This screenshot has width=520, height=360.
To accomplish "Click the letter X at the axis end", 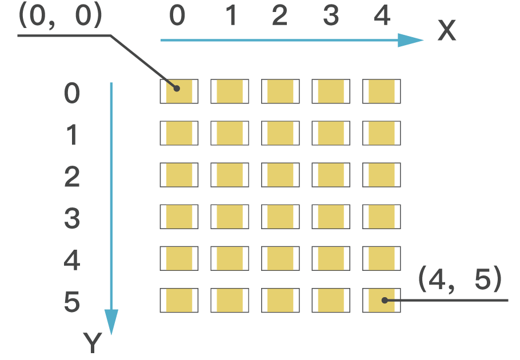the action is click(x=446, y=31).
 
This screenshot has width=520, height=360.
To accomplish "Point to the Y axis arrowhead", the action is click(x=111, y=322).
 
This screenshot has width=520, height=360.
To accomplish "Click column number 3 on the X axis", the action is click(x=331, y=17).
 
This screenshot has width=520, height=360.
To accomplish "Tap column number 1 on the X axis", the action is click(x=230, y=17).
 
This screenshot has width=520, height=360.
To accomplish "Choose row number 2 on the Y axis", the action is click(x=72, y=178).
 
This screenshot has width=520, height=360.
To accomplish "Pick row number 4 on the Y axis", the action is click(x=72, y=261).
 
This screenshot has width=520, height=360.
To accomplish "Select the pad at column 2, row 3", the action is click(x=280, y=217).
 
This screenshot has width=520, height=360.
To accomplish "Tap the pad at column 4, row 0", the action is click(x=381, y=91).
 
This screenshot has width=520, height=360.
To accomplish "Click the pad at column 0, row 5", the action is click(x=179, y=300).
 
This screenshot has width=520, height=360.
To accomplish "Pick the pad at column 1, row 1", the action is click(x=229, y=133).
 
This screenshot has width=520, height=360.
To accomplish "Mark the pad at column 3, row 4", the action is click(x=331, y=258).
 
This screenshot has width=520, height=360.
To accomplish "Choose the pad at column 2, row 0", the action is click(x=280, y=91).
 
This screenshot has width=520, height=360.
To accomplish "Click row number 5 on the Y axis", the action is click(x=72, y=302).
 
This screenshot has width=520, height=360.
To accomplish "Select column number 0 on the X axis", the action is click(x=178, y=17).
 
